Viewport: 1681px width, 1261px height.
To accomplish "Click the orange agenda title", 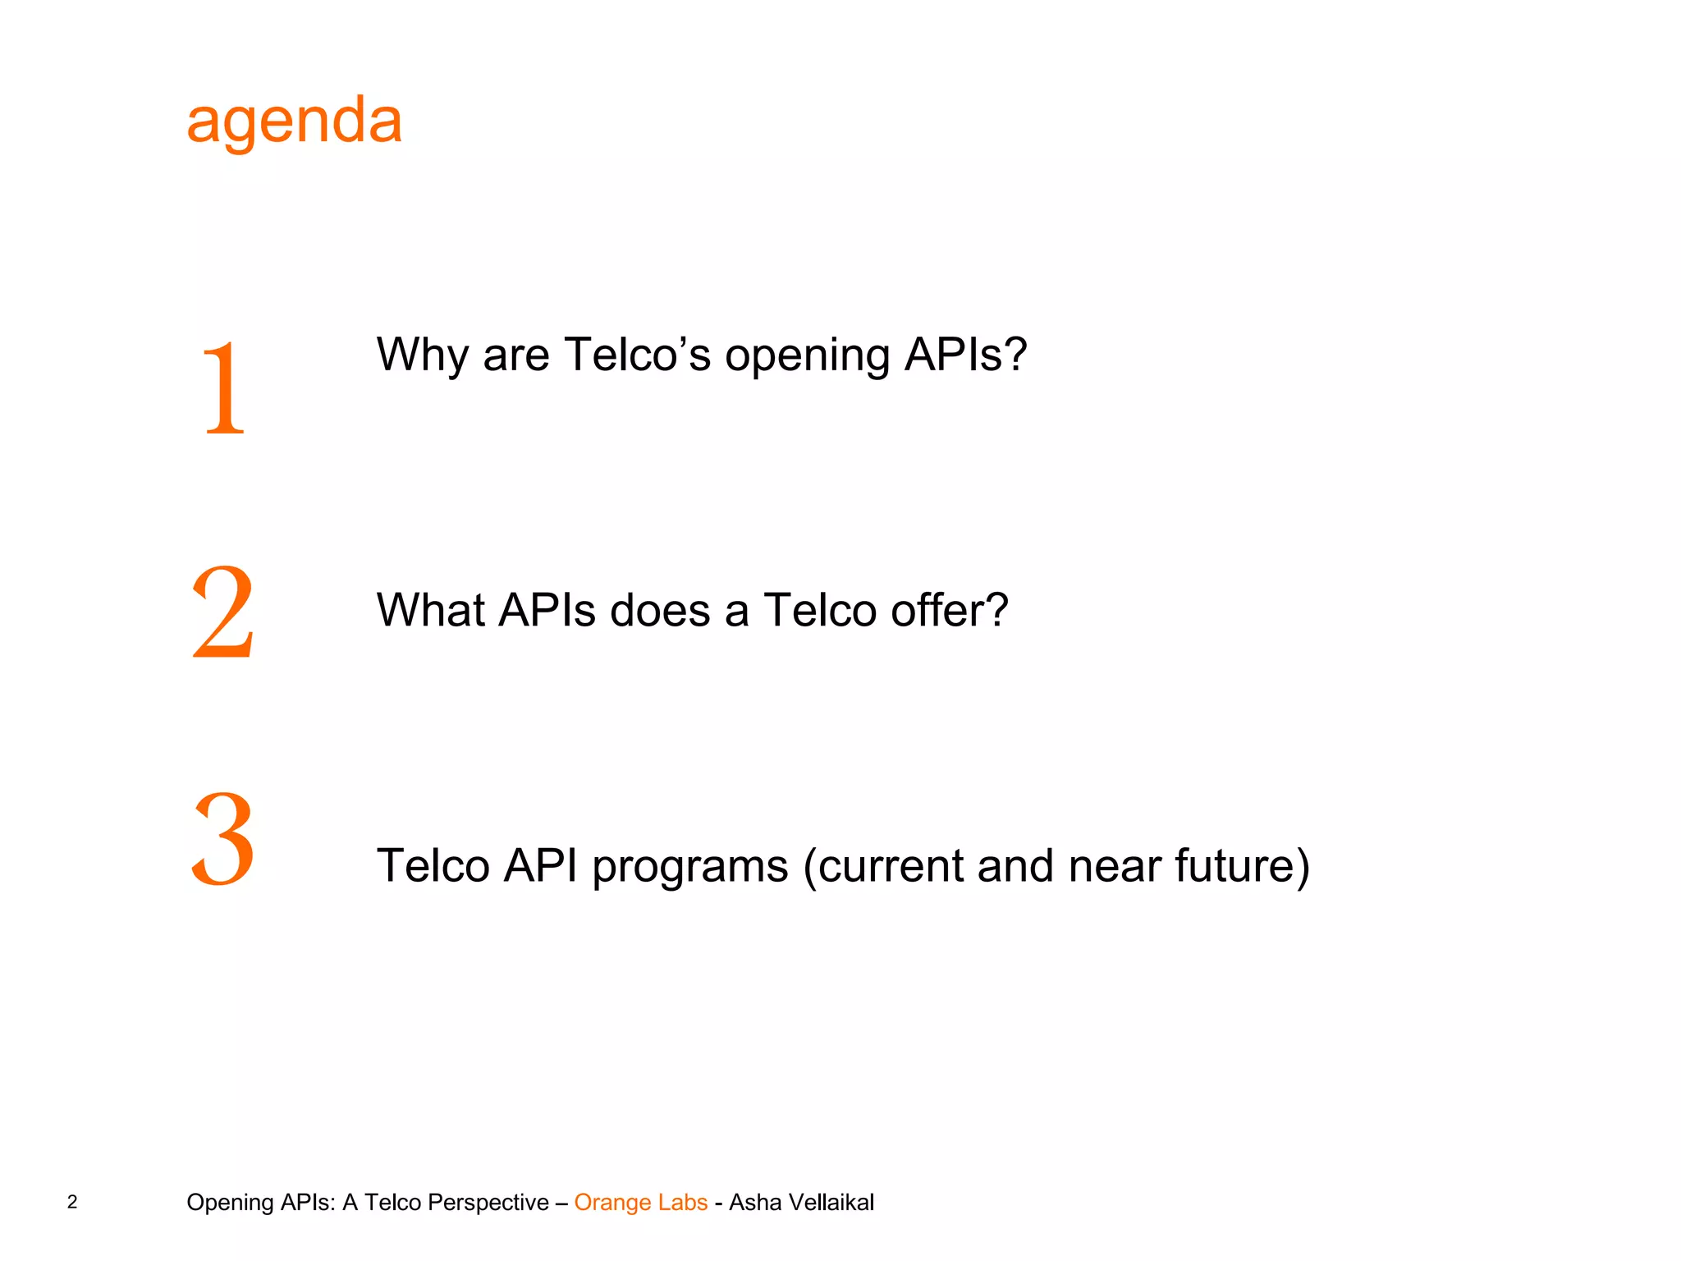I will [294, 122].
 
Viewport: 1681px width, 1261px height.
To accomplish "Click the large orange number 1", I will [223, 387].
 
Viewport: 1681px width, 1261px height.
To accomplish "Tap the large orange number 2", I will [222, 612].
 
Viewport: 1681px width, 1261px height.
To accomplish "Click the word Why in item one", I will [422, 356].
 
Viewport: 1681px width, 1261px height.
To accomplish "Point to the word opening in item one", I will [807, 356].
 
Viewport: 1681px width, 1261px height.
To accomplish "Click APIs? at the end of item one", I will [964, 355].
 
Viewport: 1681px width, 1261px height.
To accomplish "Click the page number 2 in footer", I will [72, 1202].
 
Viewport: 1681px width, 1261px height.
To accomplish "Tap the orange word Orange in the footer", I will [612, 1203].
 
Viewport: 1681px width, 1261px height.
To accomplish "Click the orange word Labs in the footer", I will [683, 1202].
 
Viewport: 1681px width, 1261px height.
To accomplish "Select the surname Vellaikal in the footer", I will [831, 1202].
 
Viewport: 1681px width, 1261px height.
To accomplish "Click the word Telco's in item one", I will [637, 355].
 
